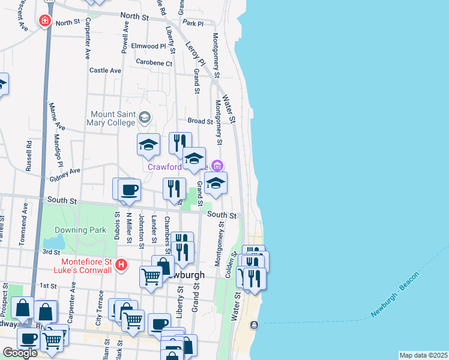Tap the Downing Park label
[x=80, y=229]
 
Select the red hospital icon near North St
[x=44, y=22]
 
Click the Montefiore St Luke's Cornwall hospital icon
[x=121, y=264]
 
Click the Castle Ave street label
[x=105, y=70]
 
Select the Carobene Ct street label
[x=154, y=62]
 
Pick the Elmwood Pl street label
[x=148, y=46]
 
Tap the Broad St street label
[x=200, y=121]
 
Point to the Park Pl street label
[x=193, y=23]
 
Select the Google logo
[x=20, y=353]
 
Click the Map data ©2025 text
[x=423, y=355]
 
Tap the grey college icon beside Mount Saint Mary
[x=144, y=116]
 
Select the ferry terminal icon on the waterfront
[x=255, y=325]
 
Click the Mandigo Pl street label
[x=59, y=151]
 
